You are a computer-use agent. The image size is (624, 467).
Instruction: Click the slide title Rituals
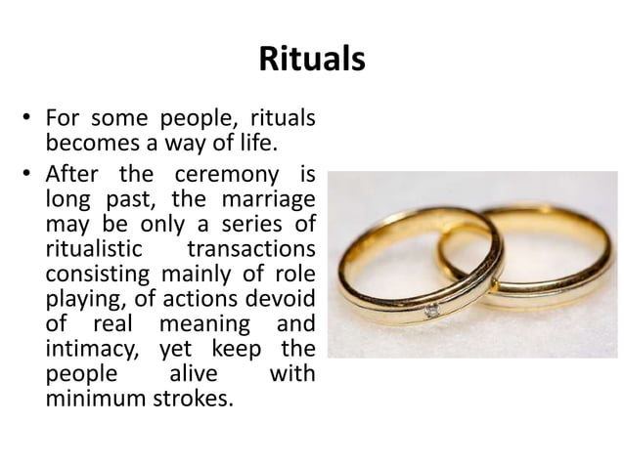tap(312, 60)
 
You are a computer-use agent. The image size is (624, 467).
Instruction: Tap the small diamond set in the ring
tap(431, 311)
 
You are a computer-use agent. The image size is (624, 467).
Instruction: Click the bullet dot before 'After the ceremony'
tap(30, 177)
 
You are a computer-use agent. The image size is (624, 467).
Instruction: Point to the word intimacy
tap(88, 349)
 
